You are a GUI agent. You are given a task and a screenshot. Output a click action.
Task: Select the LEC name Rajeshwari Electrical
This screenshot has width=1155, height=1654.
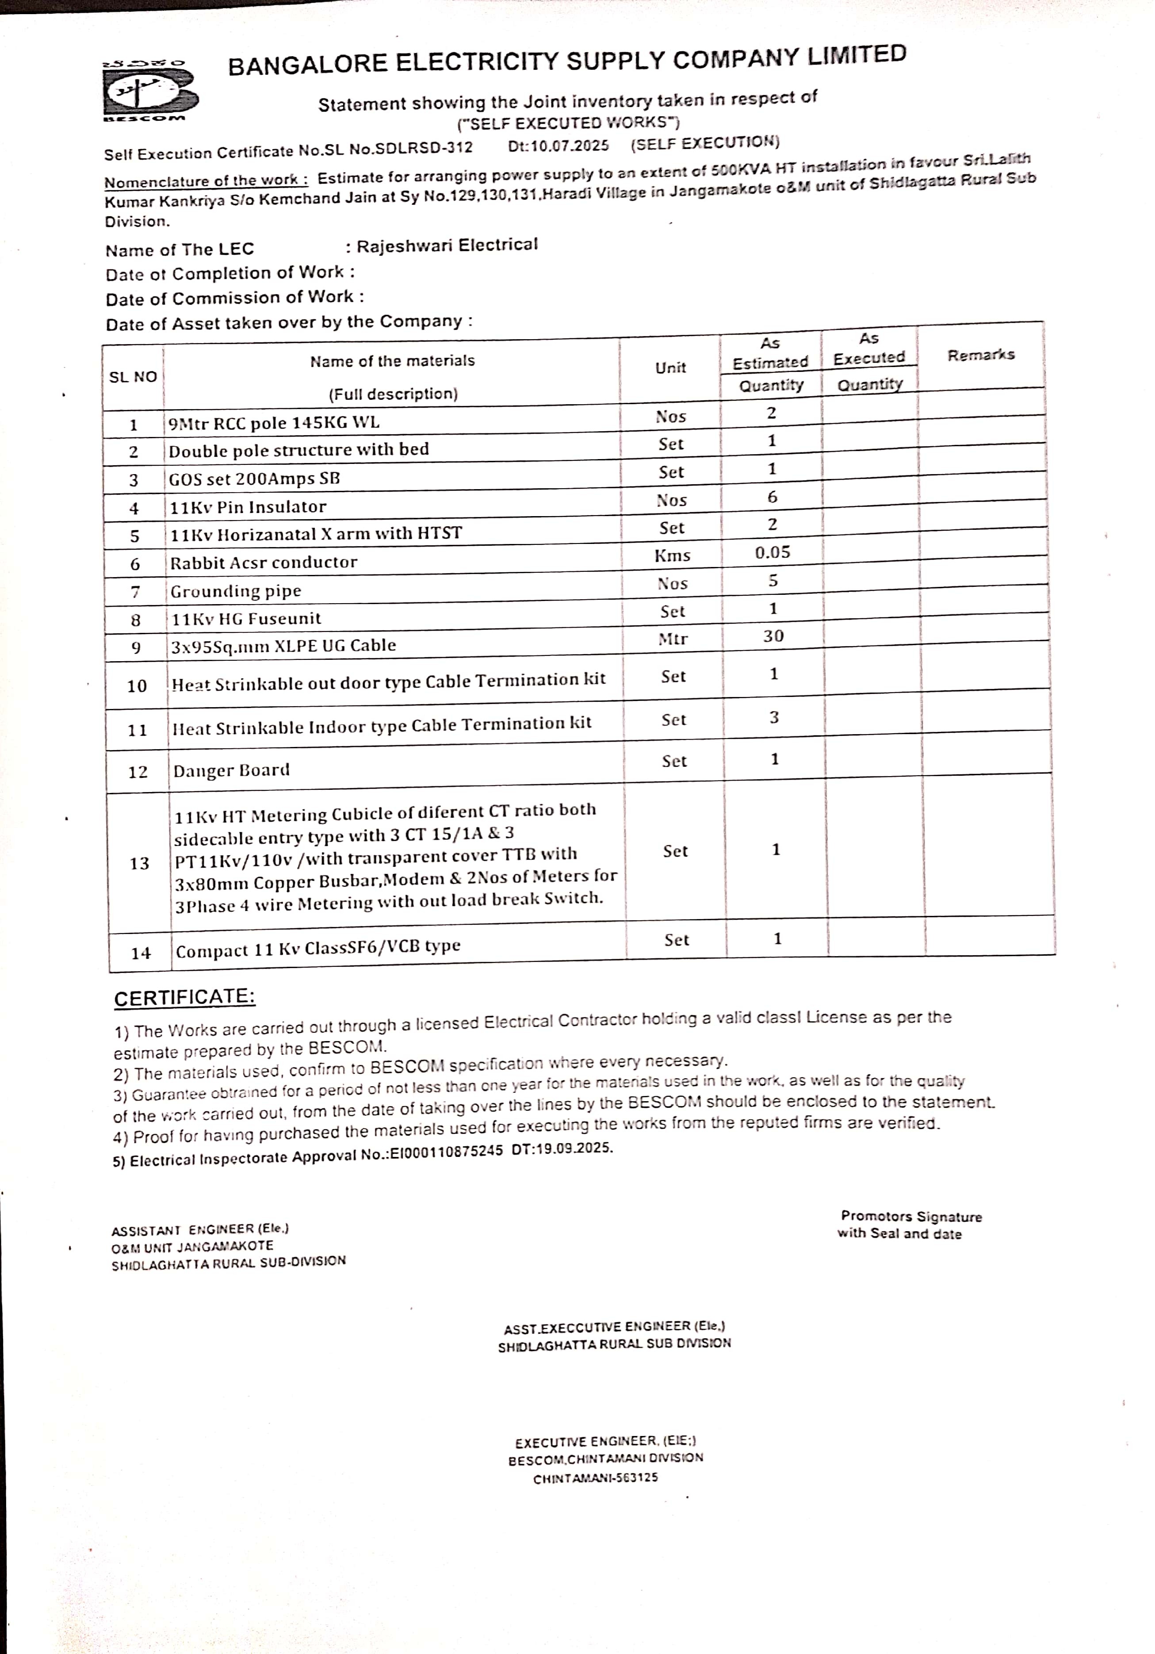447,245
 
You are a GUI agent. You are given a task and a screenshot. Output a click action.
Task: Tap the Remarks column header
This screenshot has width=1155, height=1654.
981,354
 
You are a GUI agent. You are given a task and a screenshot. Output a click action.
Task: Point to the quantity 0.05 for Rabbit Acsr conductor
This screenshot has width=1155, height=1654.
773,552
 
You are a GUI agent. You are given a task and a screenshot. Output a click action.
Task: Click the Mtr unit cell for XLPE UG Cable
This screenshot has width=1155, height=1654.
673,639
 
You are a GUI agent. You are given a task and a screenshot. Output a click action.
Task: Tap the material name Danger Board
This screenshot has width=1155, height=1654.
231,770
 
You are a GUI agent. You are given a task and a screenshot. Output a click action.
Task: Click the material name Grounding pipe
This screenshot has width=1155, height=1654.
235,591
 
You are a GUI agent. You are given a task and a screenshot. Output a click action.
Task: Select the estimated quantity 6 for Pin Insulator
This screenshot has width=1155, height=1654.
773,497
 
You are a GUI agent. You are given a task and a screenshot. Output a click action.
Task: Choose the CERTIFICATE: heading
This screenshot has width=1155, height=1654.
184,998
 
